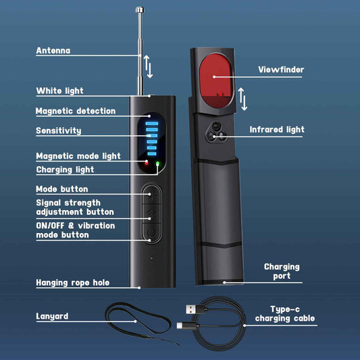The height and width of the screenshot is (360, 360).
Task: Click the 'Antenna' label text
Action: click(x=53, y=51)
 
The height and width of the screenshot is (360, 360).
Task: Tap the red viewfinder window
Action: click(x=216, y=81)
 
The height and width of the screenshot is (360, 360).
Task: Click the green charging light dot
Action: click(x=158, y=163)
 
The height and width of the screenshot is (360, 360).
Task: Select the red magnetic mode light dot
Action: click(x=147, y=163)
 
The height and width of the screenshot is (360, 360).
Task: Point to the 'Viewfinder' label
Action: click(x=281, y=70)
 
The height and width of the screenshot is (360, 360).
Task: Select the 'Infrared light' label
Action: click(x=277, y=130)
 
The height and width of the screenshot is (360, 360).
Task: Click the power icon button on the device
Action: click(x=151, y=232)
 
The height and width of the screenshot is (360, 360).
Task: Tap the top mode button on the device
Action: click(x=151, y=195)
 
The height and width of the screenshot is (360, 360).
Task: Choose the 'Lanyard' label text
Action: click(x=52, y=316)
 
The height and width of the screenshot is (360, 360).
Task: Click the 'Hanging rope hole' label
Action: click(x=72, y=282)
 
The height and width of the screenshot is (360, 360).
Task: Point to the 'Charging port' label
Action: click(x=282, y=271)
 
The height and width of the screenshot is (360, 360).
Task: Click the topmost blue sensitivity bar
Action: click(x=152, y=124)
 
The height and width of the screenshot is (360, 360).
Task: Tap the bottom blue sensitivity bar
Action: click(x=152, y=153)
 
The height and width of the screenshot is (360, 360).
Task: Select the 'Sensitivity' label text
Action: click(x=59, y=130)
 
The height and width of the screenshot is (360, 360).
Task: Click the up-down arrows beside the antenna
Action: click(x=149, y=66)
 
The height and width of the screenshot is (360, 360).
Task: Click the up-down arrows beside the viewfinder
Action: click(x=242, y=99)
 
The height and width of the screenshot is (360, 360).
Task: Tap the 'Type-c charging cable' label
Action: click(x=285, y=313)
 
